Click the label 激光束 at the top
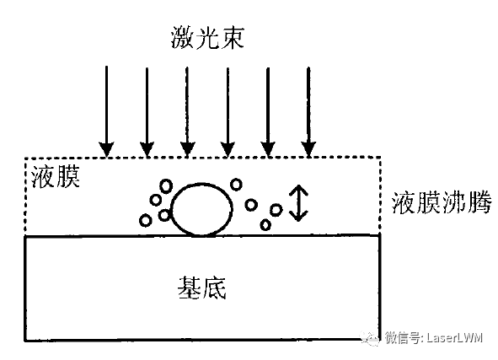pos(207,38)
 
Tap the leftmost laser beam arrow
pos(106,111)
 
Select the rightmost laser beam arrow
pos(308,112)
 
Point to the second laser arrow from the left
pos(147,112)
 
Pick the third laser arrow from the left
pos(187,112)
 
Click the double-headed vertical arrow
pos(298,203)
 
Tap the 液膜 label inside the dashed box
pos(56,176)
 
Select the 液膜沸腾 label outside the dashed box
pos(442,202)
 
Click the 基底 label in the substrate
pos(202,287)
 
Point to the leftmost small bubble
pos(146,220)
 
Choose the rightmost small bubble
pos(276,210)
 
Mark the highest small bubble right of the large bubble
pos(236,185)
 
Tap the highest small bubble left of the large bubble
pos(166,185)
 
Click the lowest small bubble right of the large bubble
pos(265,224)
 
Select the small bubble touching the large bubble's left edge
pos(163,215)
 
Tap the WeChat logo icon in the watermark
pos(370,338)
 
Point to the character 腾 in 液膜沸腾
pos(479,202)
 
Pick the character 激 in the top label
pos(183,38)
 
